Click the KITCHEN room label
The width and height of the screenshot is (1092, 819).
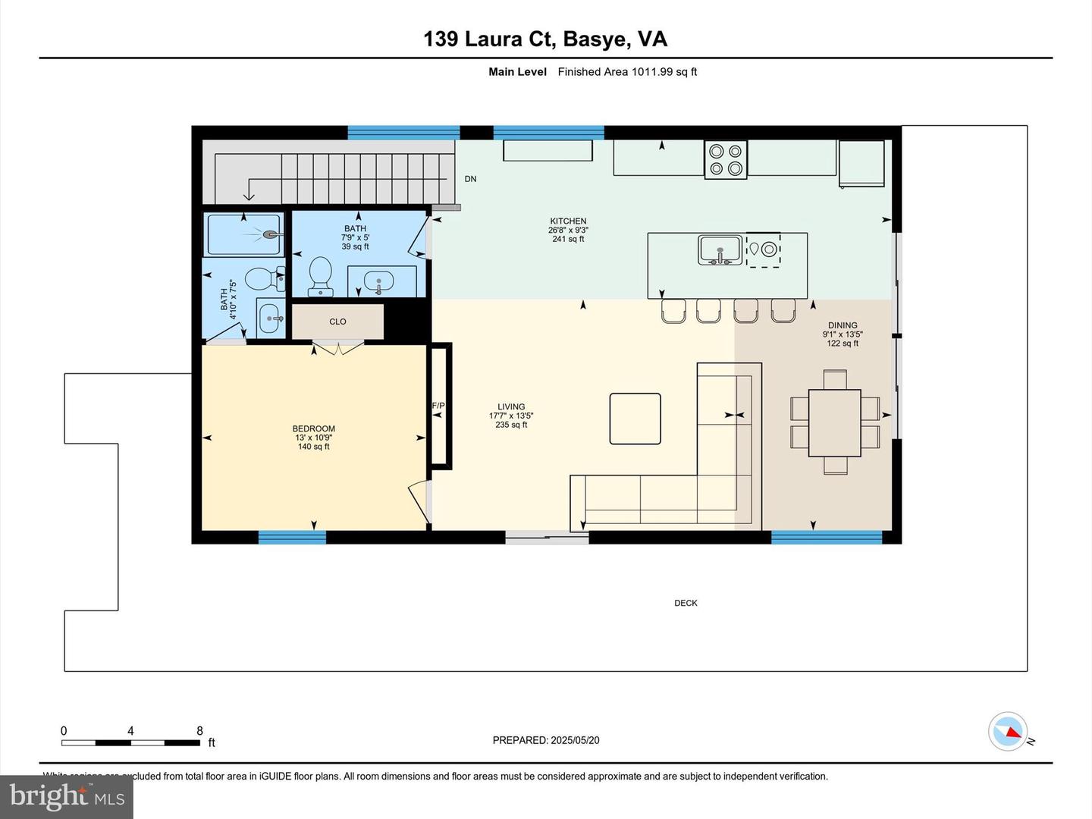click(568, 221)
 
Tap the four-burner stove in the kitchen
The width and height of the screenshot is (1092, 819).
click(726, 160)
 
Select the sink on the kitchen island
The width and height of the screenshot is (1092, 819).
click(720, 249)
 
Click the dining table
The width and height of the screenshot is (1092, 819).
click(834, 422)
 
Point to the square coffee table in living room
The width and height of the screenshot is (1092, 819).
click(635, 418)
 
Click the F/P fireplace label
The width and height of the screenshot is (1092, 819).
click(438, 406)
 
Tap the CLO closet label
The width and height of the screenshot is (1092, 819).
click(337, 322)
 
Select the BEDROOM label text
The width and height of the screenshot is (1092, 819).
click(313, 428)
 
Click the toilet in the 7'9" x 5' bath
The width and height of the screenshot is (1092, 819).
click(321, 274)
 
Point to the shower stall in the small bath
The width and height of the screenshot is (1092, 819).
click(244, 234)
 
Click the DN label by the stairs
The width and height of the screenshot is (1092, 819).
click(470, 179)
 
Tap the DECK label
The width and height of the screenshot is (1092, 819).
click(686, 603)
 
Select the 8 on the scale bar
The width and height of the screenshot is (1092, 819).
click(199, 731)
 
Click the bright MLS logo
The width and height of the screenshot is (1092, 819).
click(67, 796)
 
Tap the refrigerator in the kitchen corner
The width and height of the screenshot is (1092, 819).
click(861, 162)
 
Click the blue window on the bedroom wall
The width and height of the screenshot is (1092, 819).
click(292, 537)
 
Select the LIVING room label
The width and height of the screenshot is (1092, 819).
click(511, 406)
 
